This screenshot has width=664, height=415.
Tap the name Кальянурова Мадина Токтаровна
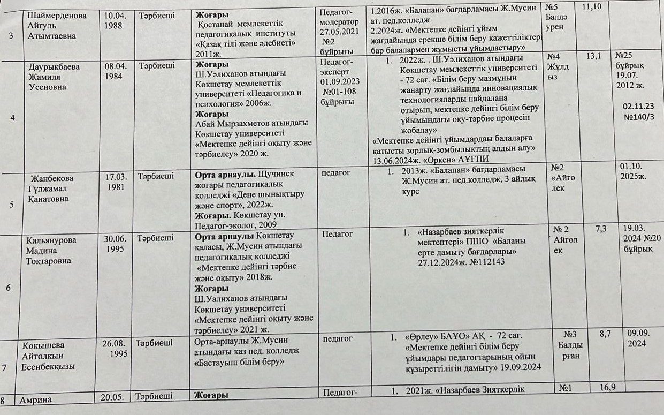click(x=50, y=250)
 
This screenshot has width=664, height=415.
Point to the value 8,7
click(x=605, y=334)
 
